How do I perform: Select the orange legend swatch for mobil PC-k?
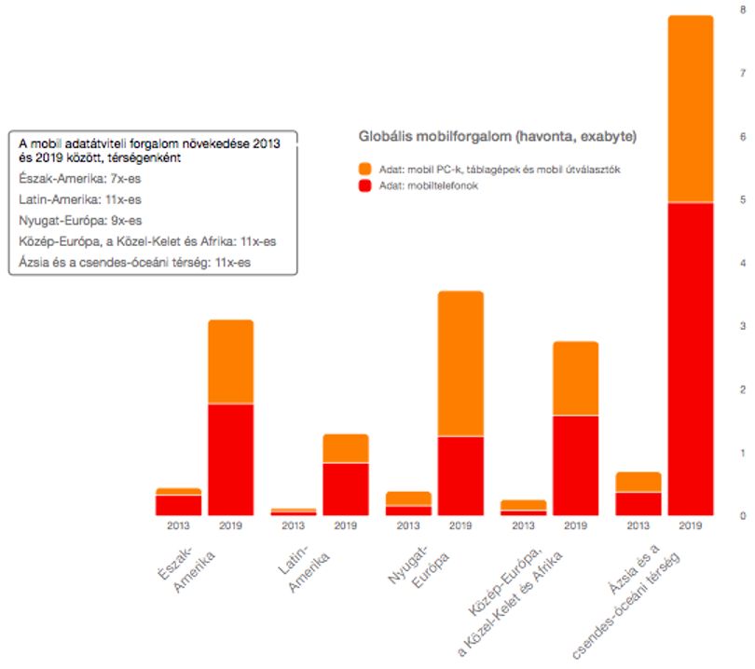pyautogui.click(x=365, y=169)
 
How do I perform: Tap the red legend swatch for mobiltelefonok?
pyautogui.click(x=365, y=185)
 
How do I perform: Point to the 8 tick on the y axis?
pyautogui.click(x=743, y=9)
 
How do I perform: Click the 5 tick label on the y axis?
pyautogui.click(x=743, y=199)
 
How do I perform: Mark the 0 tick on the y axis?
pyautogui.click(x=743, y=516)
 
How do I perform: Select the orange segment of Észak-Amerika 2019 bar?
pyautogui.click(x=230, y=362)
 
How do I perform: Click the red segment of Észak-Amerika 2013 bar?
pyautogui.click(x=178, y=505)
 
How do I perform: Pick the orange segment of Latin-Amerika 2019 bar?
pyautogui.click(x=346, y=448)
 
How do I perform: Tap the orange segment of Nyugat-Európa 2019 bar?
pyautogui.click(x=460, y=363)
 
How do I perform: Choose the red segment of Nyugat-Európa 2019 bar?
pyautogui.click(x=460, y=476)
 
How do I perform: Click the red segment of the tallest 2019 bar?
pyautogui.click(x=691, y=359)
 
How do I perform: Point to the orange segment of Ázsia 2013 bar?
pyautogui.click(x=638, y=482)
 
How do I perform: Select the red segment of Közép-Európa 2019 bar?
pyautogui.click(x=576, y=466)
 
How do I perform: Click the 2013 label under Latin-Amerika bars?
pyautogui.click(x=294, y=526)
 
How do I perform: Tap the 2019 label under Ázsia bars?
pyautogui.click(x=691, y=526)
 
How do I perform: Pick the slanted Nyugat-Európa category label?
pyautogui.click(x=419, y=566)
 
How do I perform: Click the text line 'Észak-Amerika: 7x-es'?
pyautogui.click(x=80, y=179)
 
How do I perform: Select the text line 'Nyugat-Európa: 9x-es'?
pyautogui.click(x=80, y=221)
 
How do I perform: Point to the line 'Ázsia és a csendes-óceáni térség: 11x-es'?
pyautogui.click(x=135, y=263)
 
